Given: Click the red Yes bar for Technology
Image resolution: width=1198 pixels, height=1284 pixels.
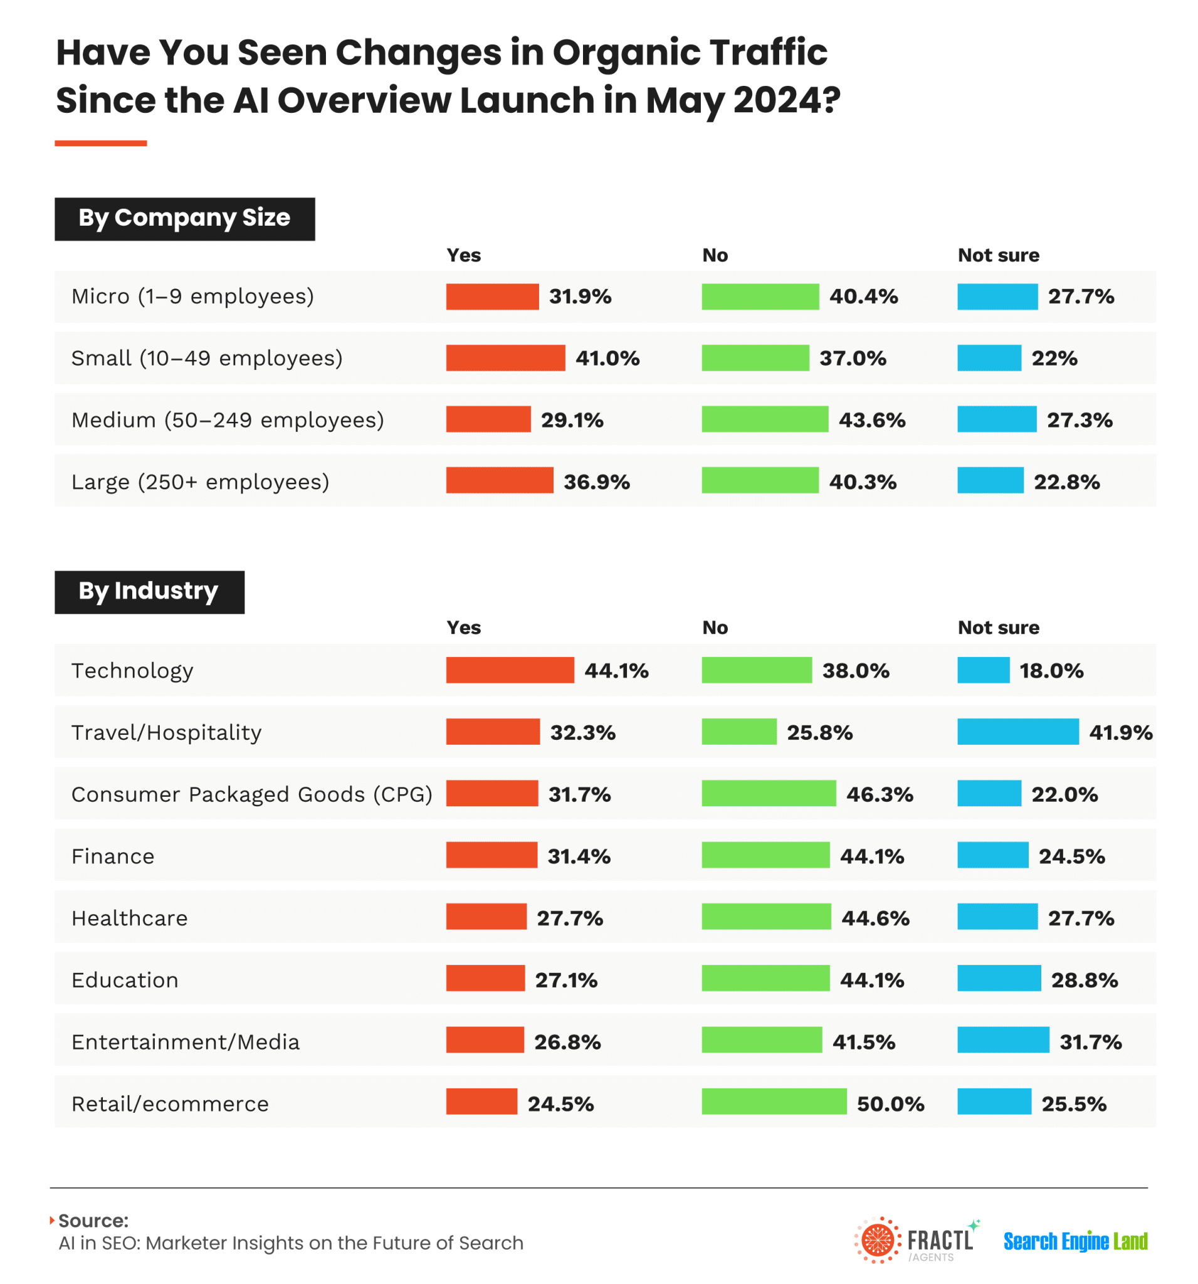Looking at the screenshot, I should point(510,670).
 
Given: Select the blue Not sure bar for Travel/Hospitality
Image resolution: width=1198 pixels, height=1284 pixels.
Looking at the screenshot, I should point(1017,731).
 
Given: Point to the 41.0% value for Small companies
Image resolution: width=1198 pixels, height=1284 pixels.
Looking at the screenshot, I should point(607,359).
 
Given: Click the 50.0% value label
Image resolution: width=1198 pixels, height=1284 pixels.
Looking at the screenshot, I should point(890,1104).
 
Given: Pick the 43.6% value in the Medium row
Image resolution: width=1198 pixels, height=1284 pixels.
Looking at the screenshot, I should point(871,421).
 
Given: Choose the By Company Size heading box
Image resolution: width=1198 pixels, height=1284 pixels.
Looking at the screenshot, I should point(185,219).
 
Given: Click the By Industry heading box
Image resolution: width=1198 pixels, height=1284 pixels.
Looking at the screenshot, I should point(149,592).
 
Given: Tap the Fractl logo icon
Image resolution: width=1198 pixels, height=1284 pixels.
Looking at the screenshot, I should point(877,1240).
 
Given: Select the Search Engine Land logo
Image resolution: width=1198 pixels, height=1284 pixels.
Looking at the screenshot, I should point(1075,1241).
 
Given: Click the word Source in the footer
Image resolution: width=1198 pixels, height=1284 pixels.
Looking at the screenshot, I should point(93,1221).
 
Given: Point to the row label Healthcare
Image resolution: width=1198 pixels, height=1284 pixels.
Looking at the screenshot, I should point(129,918).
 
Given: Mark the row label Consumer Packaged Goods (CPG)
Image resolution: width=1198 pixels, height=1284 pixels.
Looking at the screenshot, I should point(252,794).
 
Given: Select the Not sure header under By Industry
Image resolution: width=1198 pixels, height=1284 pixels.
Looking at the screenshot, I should point(998,627).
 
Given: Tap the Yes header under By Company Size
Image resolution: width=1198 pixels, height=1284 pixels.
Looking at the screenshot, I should point(463,255).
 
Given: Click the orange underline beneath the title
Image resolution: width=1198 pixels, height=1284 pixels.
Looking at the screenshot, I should point(101,144).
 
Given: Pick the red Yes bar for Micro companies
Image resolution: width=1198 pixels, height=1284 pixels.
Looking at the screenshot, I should point(492,297).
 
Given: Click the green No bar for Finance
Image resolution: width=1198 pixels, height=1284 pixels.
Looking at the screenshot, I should point(765,855).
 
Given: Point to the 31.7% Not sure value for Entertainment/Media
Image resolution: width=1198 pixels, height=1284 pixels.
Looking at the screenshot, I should point(1090,1042).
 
